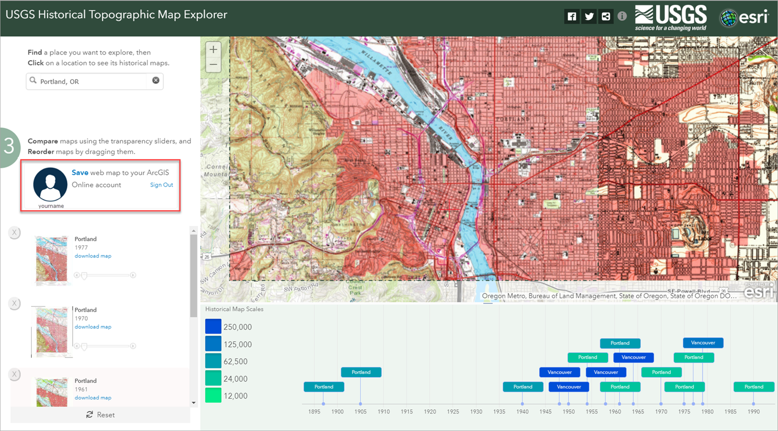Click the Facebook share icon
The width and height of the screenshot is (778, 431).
[x=572, y=16]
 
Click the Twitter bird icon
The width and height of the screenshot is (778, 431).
[x=589, y=16]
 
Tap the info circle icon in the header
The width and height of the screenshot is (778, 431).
[x=622, y=16]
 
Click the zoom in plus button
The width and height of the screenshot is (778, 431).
[x=213, y=49]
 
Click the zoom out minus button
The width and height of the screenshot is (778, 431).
[x=213, y=65]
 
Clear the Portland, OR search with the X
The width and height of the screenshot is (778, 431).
[x=156, y=80]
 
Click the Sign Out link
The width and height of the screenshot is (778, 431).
[x=161, y=185]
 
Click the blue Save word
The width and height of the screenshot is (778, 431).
[x=80, y=173]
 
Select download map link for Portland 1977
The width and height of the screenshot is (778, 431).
[x=93, y=256]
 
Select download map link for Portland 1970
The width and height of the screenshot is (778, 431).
[x=93, y=327]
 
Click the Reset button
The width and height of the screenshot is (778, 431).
[x=100, y=415]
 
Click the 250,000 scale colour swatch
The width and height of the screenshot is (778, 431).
[x=213, y=327]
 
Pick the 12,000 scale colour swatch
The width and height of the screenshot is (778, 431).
[x=213, y=395]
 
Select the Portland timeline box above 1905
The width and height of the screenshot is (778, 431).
[x=361, y=372]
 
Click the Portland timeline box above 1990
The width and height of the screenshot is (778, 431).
[x=753, y=387]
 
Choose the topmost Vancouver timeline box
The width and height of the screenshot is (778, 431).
[x=702, y=343]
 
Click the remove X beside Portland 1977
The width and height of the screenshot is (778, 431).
[x=15, y=233]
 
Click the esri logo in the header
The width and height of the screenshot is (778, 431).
[x=745, y=17]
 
